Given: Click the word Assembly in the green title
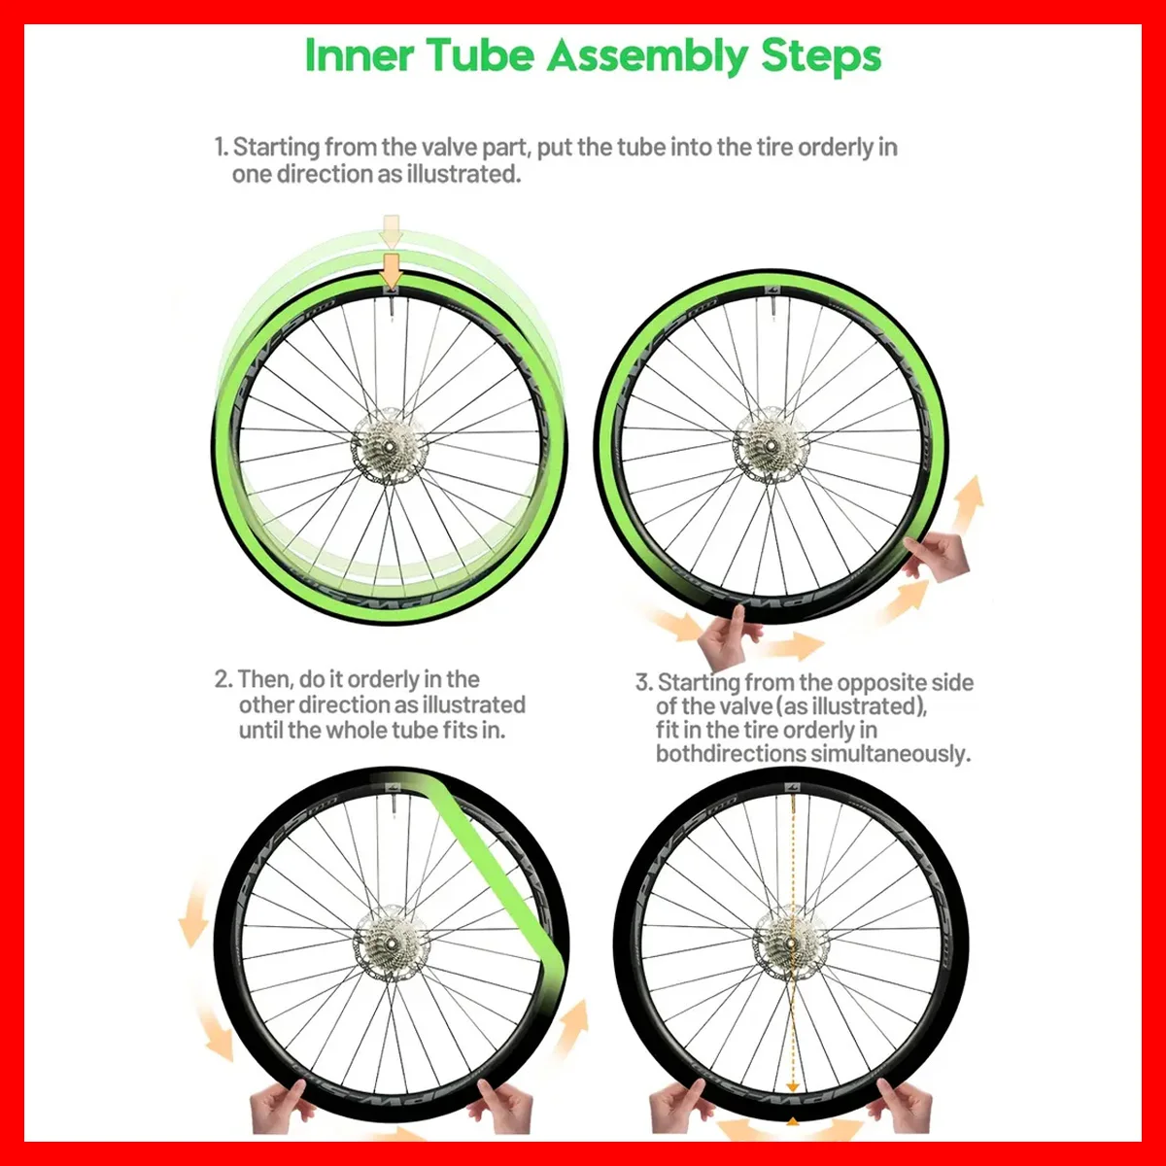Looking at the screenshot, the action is click(647, 56).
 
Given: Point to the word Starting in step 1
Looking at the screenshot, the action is click(276, 148).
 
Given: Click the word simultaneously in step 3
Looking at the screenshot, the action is click(890, 755).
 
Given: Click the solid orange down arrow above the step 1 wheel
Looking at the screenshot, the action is click(392, 270).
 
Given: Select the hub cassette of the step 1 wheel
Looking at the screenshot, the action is click(389, 446).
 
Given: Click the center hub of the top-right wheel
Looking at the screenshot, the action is click(772, 446).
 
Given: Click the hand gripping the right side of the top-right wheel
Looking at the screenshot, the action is click(937, 553).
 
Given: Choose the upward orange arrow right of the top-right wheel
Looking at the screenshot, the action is click(968, 505).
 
